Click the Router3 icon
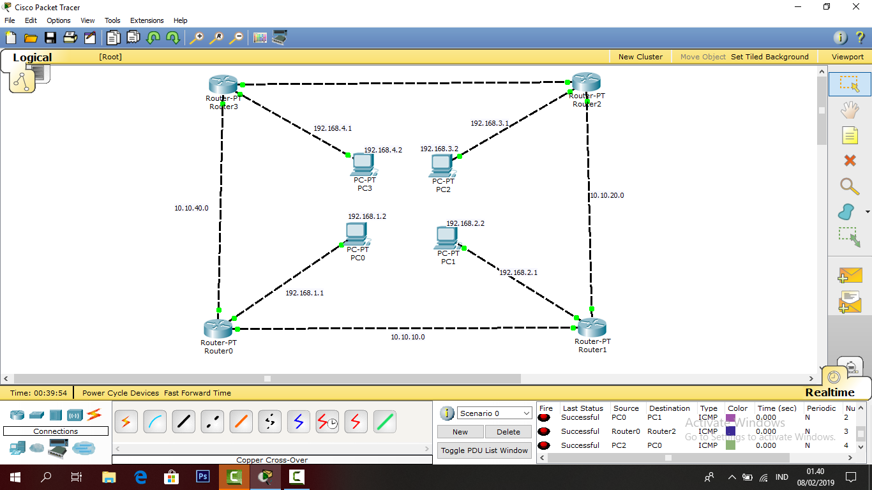223,84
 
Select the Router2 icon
586,82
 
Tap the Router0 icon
218,329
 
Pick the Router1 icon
592,328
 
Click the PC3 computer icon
363,165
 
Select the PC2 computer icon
442,166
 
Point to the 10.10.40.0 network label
192,208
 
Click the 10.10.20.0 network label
607,196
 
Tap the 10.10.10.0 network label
408,337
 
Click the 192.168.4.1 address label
333,128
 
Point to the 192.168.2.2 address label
465,223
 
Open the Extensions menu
147,20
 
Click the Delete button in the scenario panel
508,432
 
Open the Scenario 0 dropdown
495,413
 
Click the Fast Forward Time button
197,393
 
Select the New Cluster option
640,57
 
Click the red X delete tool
850,161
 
